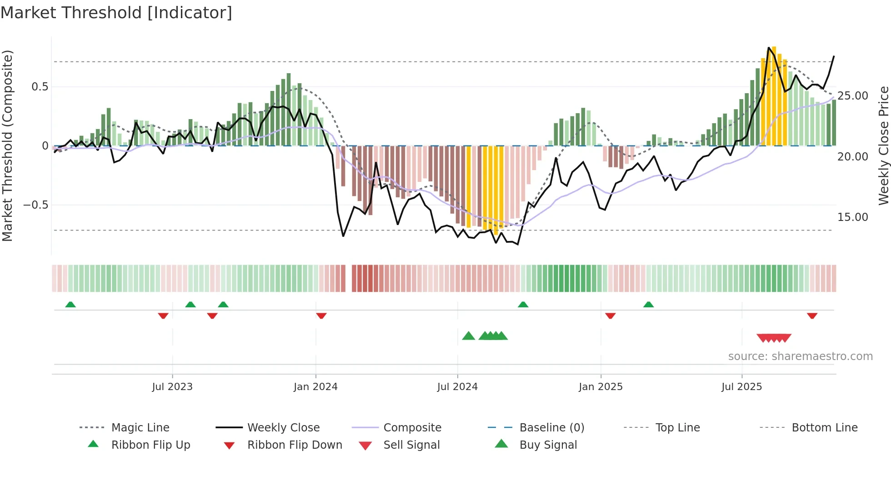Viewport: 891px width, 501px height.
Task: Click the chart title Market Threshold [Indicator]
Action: tap(116, 13)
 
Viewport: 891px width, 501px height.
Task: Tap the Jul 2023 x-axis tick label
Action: tap(172, 387)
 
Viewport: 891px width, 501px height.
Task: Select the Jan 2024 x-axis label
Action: tap(315, 387)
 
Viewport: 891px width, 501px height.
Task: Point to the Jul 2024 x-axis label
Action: tap(457, 387)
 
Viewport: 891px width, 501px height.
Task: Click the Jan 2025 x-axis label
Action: tap(601, 387)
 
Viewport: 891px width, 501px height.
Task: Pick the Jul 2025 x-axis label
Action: tap(741, 387)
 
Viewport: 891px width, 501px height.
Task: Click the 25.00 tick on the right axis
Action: tap(853, 96)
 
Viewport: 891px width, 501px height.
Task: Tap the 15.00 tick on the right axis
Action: tap(853, 217)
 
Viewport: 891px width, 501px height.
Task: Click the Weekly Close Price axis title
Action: tap(883, 145)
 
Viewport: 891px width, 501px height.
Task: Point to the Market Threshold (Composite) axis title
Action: tap(7, 145)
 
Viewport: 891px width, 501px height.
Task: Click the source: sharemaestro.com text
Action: tap(800, 356)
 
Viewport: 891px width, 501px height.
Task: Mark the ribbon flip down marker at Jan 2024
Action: tap(321, 316)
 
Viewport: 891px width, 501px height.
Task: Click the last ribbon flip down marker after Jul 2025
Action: tap(812, 316)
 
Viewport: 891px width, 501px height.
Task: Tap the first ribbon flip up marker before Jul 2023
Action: tap(70, 305)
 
